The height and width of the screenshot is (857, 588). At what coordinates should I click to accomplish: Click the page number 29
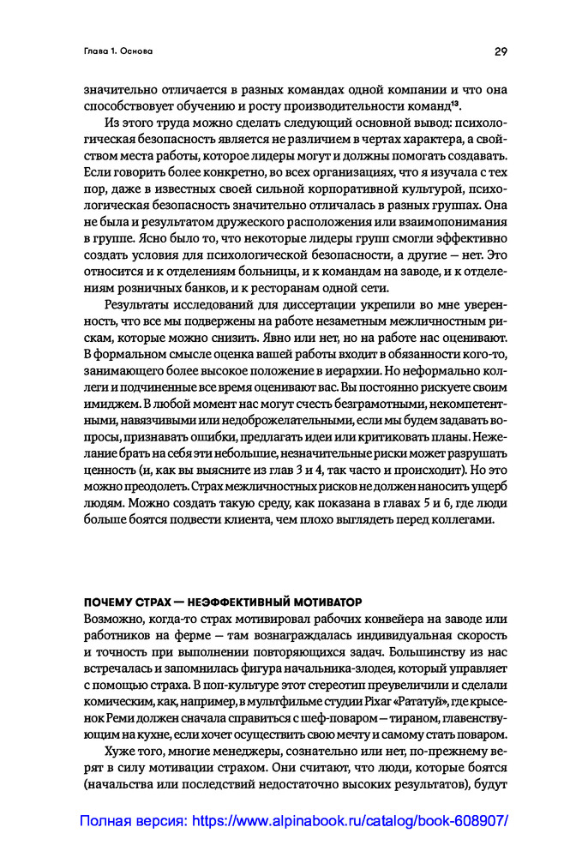501,51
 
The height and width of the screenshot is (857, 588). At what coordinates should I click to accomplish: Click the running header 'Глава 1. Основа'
118,51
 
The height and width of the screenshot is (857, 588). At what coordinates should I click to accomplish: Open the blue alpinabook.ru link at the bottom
294,820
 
